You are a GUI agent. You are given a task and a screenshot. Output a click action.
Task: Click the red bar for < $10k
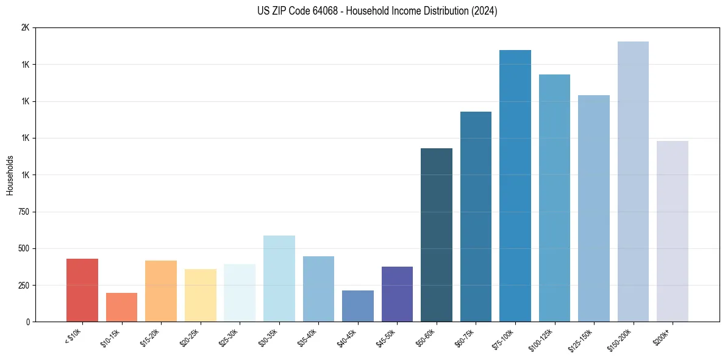[82, 290]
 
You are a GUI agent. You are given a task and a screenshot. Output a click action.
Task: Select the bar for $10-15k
[121, 308]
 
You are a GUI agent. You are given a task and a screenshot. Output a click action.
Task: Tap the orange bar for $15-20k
[161, 291]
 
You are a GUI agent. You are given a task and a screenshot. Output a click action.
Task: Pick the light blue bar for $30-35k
[279, 279]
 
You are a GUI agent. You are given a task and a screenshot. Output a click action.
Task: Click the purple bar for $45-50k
[397, 294]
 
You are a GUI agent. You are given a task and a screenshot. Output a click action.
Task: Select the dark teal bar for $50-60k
[437, 235]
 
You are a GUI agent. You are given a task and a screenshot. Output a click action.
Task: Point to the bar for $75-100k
[515, 186]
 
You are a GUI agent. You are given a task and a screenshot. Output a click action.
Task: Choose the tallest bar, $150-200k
[633, 182]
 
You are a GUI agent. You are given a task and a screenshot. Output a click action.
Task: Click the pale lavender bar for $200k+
[672, 231]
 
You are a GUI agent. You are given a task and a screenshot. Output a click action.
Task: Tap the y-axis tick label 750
[24, 212]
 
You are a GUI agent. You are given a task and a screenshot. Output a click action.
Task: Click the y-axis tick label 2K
[25, 28]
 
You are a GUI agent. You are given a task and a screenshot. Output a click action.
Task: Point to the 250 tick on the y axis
[24, 286]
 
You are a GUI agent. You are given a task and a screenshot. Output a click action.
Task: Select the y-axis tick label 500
[24, 249]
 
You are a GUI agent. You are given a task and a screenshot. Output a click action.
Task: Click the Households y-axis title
[10, 175]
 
